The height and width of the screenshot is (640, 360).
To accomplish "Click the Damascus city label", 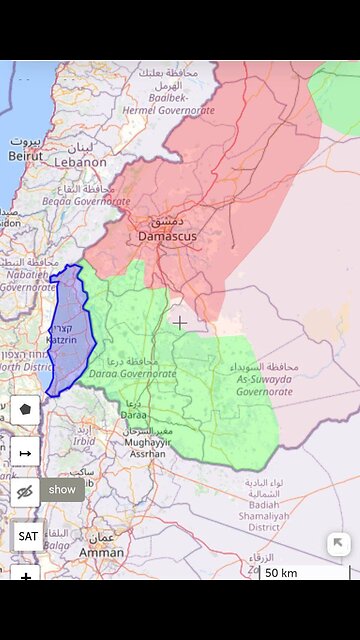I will pyautogui.click(x=169, y=235).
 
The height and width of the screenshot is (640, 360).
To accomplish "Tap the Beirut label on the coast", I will pyautogui.click(x=25, y=156).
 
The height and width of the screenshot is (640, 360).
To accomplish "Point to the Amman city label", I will pyautogui.click(x=101, y=551).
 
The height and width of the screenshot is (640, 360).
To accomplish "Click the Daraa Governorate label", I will pyautogui.click(x=132, y=373).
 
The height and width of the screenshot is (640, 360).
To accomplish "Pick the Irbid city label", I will pyautogui.click(x=83, y=440).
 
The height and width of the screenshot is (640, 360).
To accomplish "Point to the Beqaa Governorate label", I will pyautogui.click(x=86, y=200).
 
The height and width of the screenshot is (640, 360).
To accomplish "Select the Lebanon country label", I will pyautogui.click(x=79, y=162).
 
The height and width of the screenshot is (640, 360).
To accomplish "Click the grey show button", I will pyautogui.click(x=62, y=489).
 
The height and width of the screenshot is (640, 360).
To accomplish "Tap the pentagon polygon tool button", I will pyautogui.click(x=25, y=409).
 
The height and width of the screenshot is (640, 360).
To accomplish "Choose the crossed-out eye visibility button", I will pyautogui.click(x=25, y=490).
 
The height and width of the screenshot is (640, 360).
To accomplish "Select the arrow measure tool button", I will pyautogui.click(x=25, y=452).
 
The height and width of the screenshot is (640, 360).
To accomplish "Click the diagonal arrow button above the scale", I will pyautogui.click(x=339, y=544).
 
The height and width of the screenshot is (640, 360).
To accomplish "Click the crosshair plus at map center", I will pyautogui.click(x=180, y=322).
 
